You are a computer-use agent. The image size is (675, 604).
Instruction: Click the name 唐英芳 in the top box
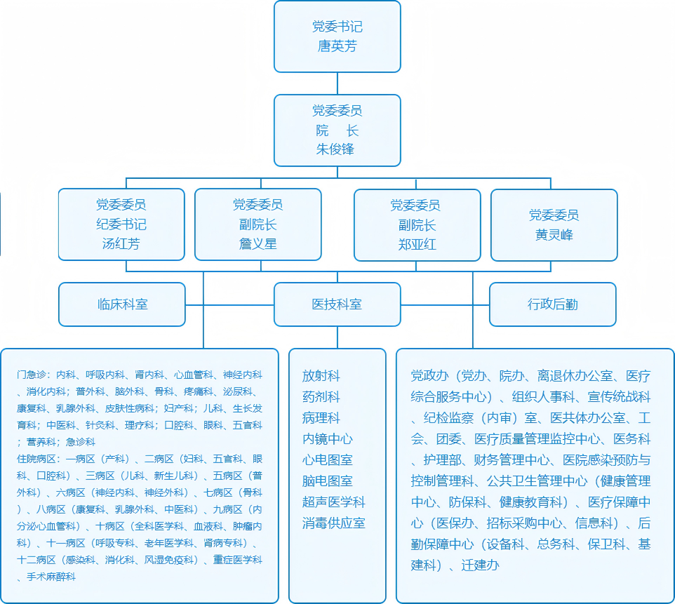coord(337,47)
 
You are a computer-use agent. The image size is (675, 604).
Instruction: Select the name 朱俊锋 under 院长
coord(337,149)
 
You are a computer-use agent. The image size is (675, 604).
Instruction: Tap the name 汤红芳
coord(121,245)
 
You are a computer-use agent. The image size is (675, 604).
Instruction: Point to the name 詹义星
coord(258,245)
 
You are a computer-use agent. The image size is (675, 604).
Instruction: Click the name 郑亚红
coord(417,245)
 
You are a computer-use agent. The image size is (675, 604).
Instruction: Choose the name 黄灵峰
coord(554,235)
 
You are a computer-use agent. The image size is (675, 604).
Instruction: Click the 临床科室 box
coord(122,304)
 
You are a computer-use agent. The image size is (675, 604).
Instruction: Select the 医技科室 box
coord(337,304)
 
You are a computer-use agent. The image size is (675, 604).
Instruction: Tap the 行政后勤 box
coord(553,304)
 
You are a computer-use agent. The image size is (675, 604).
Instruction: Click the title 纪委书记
coord(121,225)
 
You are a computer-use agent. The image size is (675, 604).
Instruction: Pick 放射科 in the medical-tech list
coord(321,376)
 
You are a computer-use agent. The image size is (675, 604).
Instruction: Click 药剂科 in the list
coord(321,397)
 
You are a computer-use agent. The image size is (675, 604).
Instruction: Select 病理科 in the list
coord(321,418)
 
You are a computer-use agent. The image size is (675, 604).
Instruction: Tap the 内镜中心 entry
coord(327,439)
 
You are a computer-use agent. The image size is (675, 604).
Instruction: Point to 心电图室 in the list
coord(327,460)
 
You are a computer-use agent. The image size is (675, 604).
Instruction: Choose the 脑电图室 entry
coord(327,481)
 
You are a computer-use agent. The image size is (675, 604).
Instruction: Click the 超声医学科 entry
coord(333,502)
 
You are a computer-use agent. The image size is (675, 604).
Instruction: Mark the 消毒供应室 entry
coord(333,523)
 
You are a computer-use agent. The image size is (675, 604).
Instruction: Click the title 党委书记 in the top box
coord(337,27)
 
